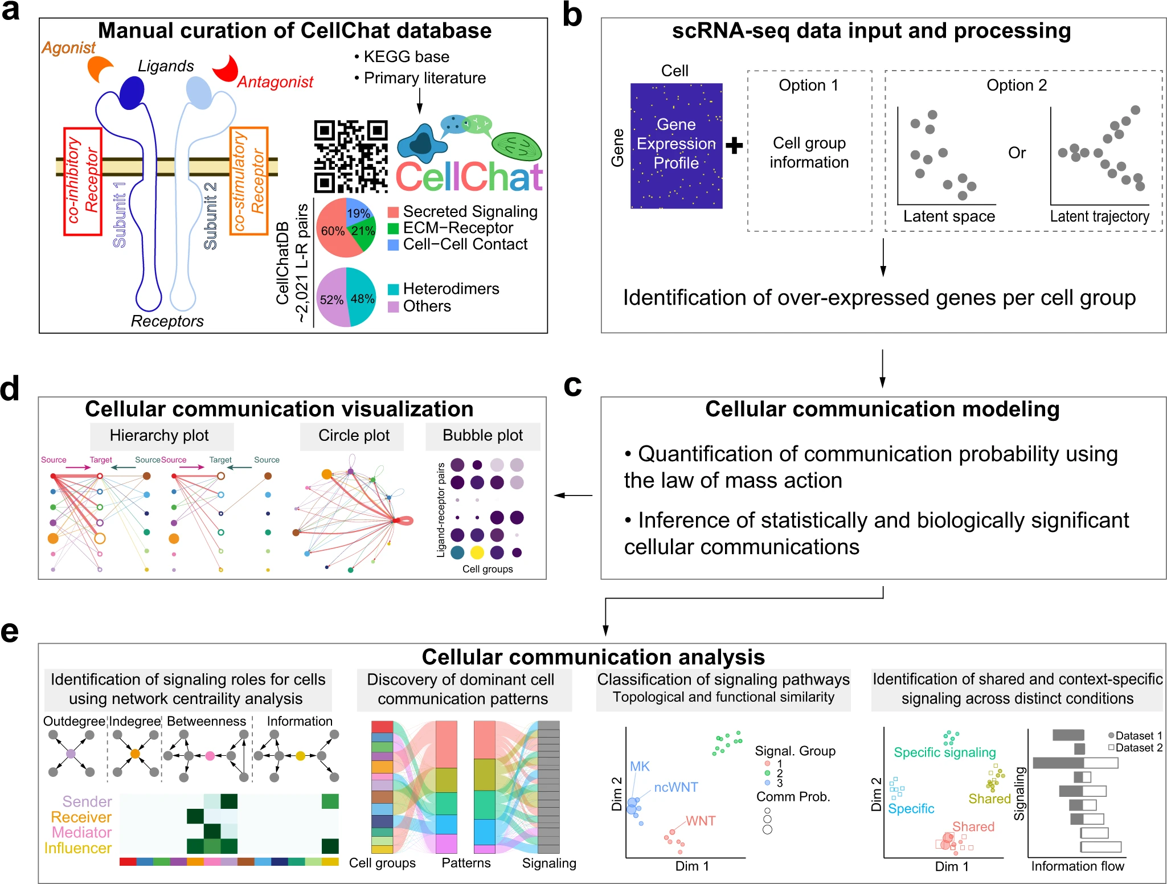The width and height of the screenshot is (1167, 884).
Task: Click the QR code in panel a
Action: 351,156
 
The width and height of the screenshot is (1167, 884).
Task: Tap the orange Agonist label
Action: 68,48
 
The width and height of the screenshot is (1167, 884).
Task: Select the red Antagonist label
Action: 275,82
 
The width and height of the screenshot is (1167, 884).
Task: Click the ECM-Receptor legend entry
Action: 451,228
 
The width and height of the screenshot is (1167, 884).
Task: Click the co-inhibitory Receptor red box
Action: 83,181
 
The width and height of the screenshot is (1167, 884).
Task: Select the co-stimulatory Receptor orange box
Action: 249,181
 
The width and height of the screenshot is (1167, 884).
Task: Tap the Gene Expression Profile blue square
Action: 676,146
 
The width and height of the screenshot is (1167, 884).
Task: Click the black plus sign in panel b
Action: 734,146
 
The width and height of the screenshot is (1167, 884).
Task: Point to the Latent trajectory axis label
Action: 1099,216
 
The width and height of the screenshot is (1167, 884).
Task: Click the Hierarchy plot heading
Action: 159,436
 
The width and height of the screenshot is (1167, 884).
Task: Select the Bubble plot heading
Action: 482,436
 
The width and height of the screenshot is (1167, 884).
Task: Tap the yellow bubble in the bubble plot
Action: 477,552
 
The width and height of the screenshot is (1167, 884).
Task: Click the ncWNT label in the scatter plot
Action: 675,787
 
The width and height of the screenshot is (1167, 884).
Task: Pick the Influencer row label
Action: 78,848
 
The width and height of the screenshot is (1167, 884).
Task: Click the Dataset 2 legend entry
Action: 1135,747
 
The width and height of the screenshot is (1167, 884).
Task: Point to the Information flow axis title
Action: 1078,866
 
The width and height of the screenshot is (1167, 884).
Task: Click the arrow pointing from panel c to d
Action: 573,496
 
